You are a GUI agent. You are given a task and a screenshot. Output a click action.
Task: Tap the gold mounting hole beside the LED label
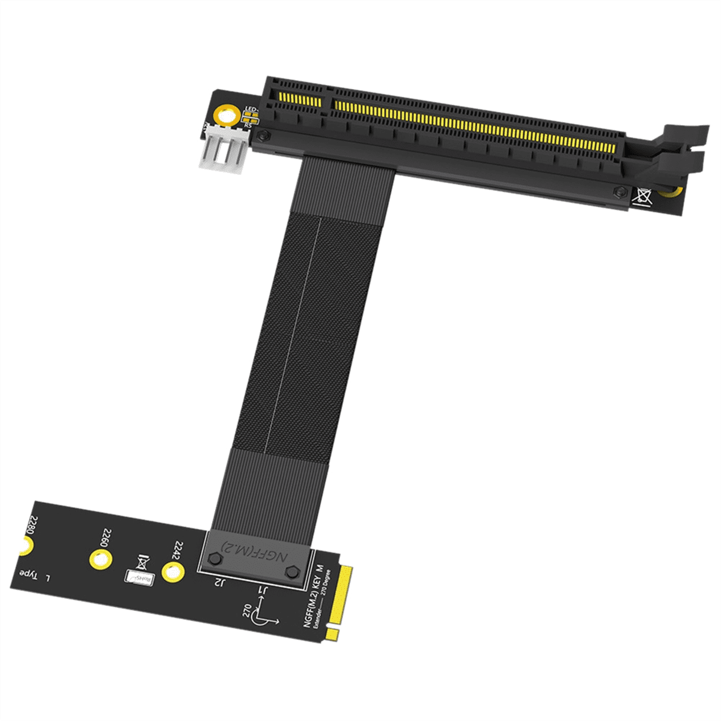[x=228, y=116]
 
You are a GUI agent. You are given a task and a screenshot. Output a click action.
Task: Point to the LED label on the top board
[x=251, y=110]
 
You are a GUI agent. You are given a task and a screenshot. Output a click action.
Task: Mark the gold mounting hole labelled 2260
[x=100, y=559]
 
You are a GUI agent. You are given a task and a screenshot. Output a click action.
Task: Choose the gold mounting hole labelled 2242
[x=172, y=571]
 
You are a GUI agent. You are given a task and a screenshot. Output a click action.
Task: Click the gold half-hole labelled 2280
[x=24, y=546]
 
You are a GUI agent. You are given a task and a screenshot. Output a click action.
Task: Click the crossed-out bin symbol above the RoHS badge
[x=142, y=561]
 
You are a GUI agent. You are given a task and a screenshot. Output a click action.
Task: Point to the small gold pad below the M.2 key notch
[x=332, y=633]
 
